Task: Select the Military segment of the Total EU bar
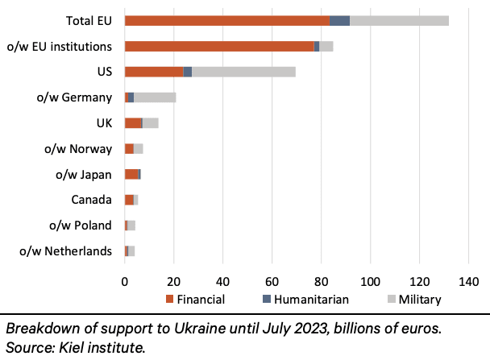click(x=399, y=20)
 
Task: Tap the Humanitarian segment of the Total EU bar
click(x=340, y=20)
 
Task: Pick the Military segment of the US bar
click(x=243, y=72)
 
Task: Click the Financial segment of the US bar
click(x=154, y=72)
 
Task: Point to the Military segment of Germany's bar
click(x=155, y=97)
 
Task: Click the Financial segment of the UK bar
click(x=133, y=123)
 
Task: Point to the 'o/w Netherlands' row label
click(x=65, y=251)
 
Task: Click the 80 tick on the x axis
click(x=321, y=283)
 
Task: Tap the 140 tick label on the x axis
click(x=468, y=283)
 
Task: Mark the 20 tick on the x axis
click(x=173, y=283)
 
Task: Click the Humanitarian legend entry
click(x=309, y=300)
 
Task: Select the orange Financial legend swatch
click(x=171, y=300)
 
